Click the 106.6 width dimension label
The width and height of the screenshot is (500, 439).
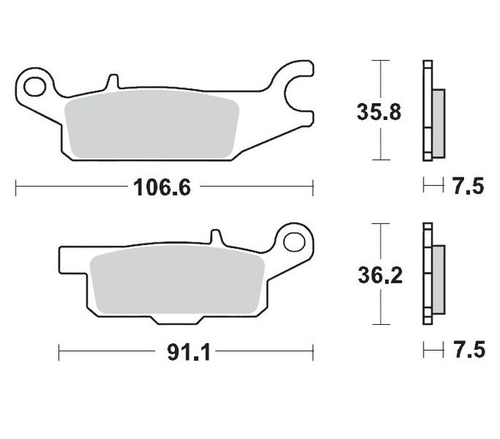[163, 187]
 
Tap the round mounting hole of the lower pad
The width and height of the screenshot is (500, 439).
[293, 242]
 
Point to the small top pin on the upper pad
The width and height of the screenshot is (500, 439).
[110, 83]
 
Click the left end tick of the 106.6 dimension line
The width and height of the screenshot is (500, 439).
[17, 187]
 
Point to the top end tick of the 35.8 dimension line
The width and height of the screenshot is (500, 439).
[381, 62]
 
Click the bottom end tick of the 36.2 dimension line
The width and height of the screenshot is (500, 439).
[381, 325]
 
